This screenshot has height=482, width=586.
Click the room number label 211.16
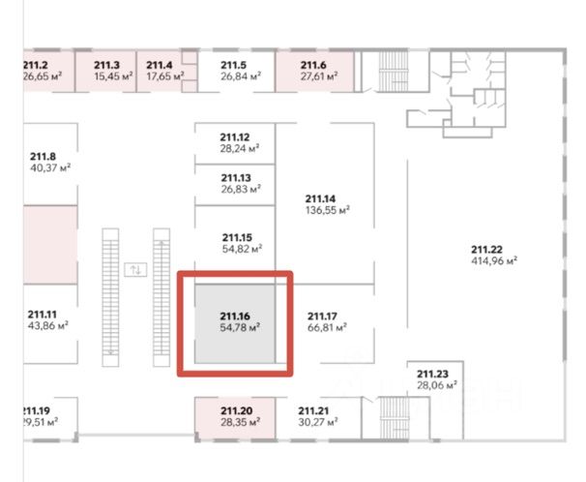[x=235, y=316]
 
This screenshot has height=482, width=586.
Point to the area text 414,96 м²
[x=493, y=260]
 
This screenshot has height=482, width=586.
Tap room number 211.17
[x=321, y=316]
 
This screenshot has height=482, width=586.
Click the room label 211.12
[x=235, y=137]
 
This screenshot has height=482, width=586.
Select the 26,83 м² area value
[x=241, y=190]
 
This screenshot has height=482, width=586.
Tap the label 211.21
[x=314, y=411]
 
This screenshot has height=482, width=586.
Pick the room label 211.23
[x=432, y=373]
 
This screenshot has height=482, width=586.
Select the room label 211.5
[x=234, y=65]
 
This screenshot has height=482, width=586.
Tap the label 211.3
[x=106, y=65]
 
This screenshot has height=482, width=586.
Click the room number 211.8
[x=43, y=156]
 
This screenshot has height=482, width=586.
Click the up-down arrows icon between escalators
[x=135, y=269]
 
